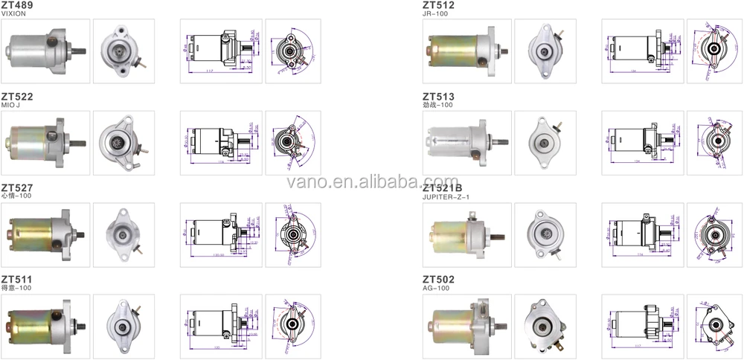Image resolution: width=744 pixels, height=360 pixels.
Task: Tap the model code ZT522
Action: tap(17, 97)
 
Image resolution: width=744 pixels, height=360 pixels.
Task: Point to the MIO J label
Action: tap(11, 106)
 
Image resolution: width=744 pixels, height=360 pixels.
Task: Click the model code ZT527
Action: tap(17, 187)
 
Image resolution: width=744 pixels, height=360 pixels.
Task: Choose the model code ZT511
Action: tap(16, 279)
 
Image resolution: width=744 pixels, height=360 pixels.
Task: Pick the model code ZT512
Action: tap(438, 5)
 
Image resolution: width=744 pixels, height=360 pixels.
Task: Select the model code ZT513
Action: tap(438, 97)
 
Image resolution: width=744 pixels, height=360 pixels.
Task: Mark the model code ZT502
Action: tap(438, 279)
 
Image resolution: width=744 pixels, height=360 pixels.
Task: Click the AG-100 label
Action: tap(434, 288)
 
